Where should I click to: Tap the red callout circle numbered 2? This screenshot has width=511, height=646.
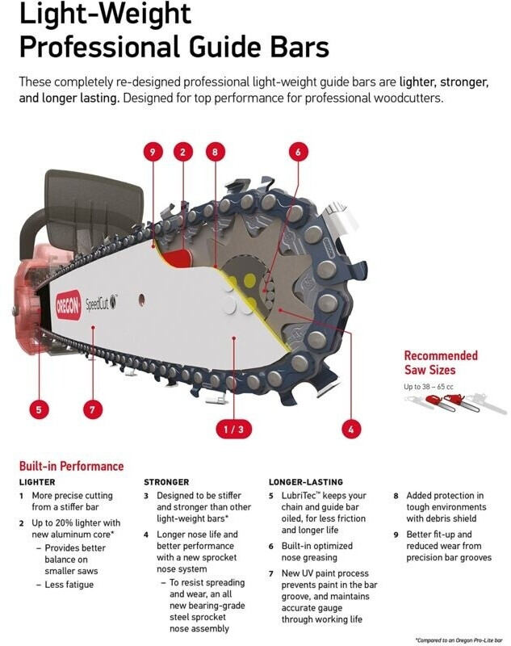coord(183,151)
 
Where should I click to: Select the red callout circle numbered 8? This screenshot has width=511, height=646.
coord(215,151)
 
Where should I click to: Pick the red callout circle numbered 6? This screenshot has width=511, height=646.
coord(297,151)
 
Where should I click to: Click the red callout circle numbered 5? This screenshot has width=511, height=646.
coord(37,409)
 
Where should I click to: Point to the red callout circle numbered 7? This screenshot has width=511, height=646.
coord(92,409)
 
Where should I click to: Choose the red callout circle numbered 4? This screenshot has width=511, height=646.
coord(350,429)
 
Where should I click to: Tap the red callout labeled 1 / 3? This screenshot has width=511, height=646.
coord(230,429)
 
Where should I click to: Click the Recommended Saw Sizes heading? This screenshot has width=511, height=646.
coord(441,363)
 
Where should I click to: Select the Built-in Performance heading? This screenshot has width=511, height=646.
coord(71,466)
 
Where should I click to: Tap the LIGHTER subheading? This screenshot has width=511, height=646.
coord(37,482)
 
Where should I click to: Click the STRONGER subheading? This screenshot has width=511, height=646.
coord(166,482)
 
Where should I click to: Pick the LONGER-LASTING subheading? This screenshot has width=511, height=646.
coord(305,482)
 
